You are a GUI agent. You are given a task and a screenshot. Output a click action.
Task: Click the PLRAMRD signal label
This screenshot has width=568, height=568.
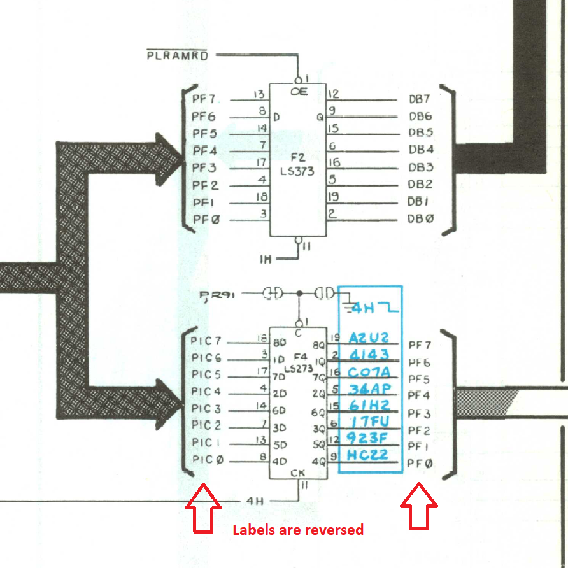[x=177, y=55]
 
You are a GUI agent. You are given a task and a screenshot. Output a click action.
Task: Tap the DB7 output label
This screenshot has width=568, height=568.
[x=420, y=99]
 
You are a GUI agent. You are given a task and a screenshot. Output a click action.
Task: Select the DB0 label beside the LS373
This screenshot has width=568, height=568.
[x=421, y=219]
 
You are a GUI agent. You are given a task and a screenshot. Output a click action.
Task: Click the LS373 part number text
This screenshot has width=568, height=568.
[x=298, y=171]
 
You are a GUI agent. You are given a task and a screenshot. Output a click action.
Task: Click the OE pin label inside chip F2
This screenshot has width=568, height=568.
[x=299, y=92]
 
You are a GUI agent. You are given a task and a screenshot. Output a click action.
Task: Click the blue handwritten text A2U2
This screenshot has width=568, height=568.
[x=369, y=338]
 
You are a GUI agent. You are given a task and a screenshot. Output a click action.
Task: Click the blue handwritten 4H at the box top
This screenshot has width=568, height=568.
[x=364, y=309]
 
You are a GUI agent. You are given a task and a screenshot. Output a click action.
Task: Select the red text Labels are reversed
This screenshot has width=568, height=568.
[x=297, y=530]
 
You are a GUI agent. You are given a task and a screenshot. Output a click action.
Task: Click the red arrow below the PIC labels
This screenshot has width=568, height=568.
[x=202, y=506]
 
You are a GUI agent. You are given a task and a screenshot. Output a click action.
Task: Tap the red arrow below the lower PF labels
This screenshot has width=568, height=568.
[x=418, y=506]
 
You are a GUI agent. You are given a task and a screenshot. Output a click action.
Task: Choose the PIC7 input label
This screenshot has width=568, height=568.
[x=206, y=341]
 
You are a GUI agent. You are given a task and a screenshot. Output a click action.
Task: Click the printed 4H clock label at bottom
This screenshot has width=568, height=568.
[x=255, y=501]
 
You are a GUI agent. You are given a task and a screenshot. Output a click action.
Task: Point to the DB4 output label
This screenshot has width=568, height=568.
[x=421, y=150]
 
